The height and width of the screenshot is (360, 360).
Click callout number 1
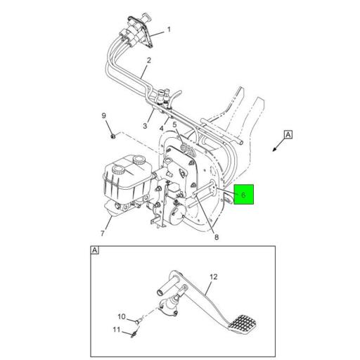pos(169,31)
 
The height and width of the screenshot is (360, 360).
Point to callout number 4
pos(161,129)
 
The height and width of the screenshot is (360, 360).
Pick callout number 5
pos(174,124)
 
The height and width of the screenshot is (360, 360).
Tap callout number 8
pos(217,237)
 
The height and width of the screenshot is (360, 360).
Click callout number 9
pos(103,115)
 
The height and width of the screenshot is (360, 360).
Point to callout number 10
pos(121,316)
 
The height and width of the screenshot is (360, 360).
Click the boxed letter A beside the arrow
pos(288,134)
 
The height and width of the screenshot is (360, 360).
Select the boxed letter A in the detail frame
pos(94,250)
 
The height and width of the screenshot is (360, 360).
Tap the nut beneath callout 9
pos(112,132)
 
